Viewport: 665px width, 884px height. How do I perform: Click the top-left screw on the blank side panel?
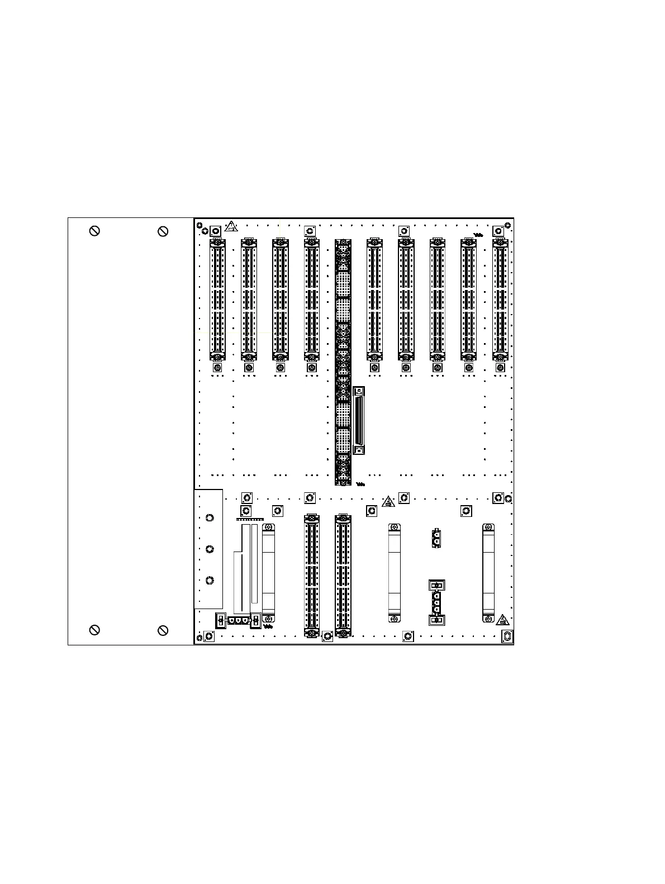(95, 231)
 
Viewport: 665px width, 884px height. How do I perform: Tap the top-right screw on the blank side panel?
(163, 231)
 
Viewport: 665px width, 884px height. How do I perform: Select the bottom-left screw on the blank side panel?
(95, 630)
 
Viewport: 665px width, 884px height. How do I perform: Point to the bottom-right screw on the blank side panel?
(163, 630)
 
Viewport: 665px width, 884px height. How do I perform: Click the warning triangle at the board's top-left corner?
(231, 227)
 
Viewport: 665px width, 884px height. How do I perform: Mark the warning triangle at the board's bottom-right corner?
(503, 620)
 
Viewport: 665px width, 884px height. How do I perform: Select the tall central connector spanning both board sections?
(343, 362)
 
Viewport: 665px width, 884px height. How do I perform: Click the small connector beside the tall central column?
(359, 420)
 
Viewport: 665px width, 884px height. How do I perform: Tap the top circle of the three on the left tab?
(210, 518)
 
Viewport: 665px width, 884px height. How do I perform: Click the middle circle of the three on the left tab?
(210, 549)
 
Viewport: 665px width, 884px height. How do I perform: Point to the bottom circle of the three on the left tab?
(210, 581)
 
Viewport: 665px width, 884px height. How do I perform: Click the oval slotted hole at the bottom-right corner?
(507, 636)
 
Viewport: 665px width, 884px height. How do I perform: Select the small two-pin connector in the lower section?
(436, 538)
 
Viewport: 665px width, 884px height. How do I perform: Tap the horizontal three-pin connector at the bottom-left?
(238, 620)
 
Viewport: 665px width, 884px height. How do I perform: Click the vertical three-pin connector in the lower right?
(436, 603)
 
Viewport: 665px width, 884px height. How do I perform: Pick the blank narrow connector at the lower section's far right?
(488, 573)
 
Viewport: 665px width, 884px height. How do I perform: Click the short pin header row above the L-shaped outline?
(250, 520)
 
